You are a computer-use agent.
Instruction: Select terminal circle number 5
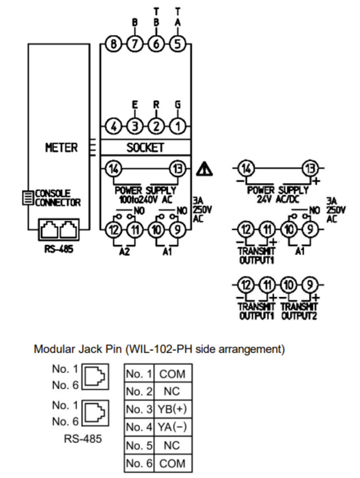(x=177, y=44)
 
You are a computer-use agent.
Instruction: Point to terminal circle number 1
(x=177, y=127)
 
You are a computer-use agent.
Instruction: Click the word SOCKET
(x=145, y=147)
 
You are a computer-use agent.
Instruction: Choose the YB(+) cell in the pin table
(x=173, y=409)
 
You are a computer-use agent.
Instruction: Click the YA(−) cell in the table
(x=173, y=427)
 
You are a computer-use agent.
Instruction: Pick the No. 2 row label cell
(x=139, y=391)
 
